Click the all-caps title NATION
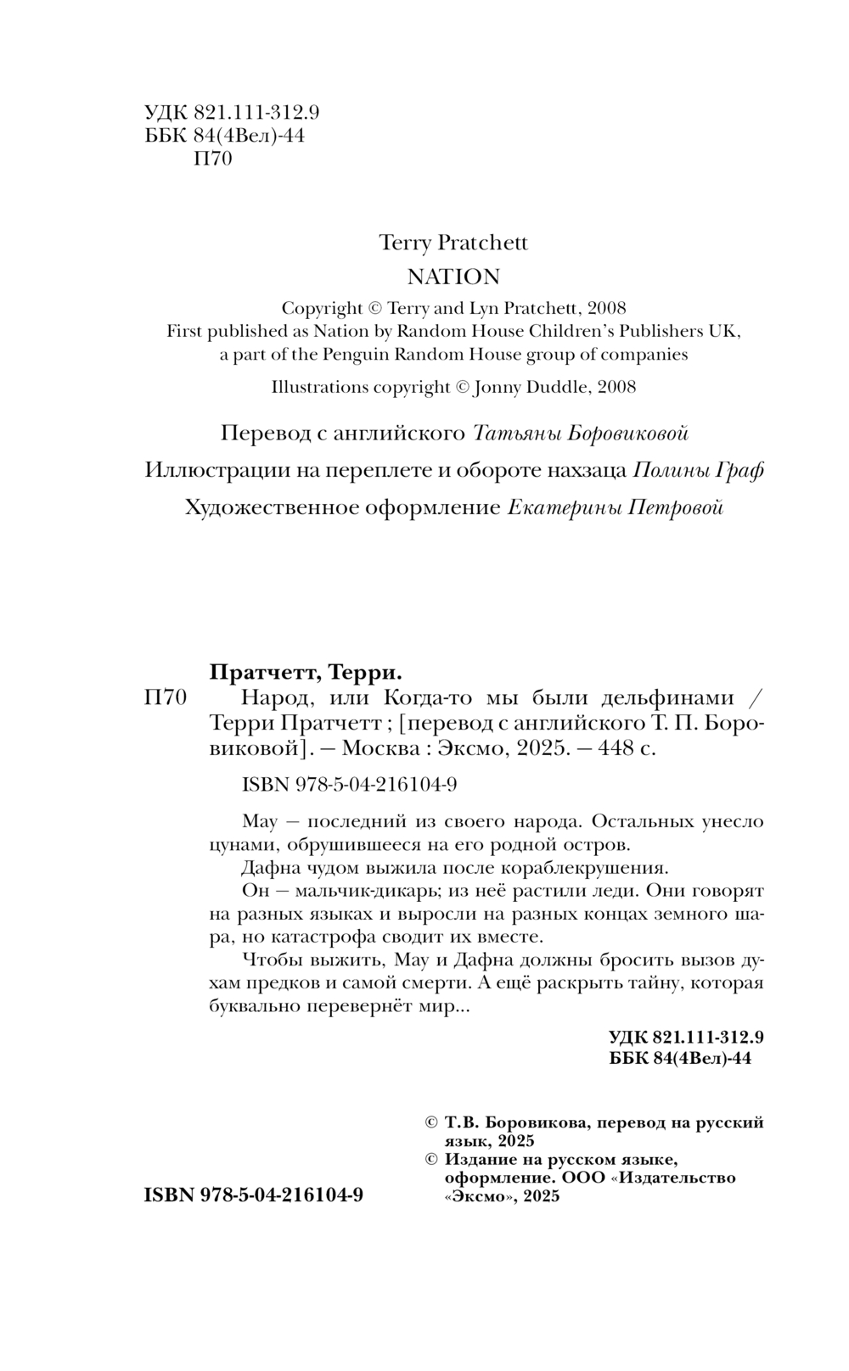click(453, 277)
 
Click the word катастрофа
click(323, 937)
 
